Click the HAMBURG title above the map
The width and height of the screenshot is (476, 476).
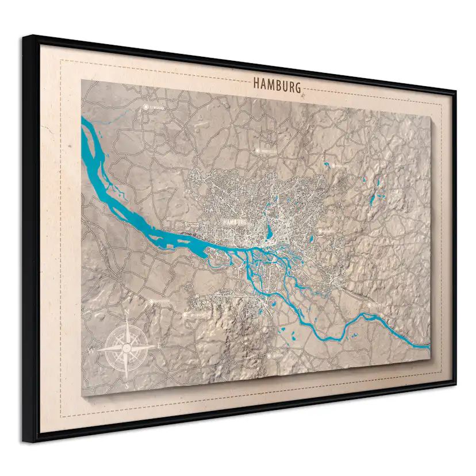point(277,87)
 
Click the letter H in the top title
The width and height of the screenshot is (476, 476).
point(256,85)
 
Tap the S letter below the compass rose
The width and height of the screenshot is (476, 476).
point(126,386)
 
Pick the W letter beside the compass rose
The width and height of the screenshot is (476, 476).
point(90,349)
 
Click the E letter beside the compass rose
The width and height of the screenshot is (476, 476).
point(159,345)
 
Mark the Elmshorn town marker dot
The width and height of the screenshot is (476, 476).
point(146,107)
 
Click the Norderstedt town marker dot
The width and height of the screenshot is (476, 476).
point(257,151)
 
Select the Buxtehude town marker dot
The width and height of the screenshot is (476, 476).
point(152,301)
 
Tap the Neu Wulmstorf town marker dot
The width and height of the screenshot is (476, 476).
point(185,315)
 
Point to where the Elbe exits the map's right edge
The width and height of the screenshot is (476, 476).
point(428,346)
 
